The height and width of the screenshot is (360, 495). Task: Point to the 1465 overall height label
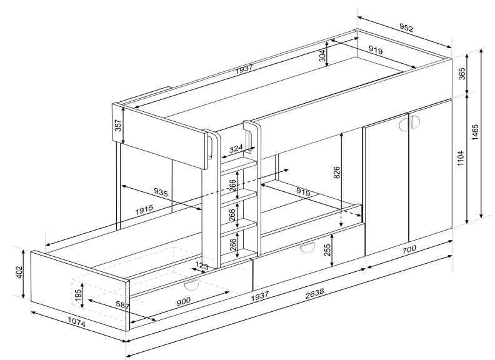click(476, 133)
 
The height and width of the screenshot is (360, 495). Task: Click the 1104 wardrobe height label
click(461, 159)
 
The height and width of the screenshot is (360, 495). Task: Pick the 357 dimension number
click(117, 124)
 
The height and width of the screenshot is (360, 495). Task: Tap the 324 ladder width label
click(236, 149)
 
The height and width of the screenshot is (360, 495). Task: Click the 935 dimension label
click(161, 194)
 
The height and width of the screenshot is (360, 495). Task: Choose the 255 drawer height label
click(327, 251)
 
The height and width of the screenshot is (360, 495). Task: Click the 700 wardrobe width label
click(409, 250)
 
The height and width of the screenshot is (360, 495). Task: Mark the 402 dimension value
click(19, 272)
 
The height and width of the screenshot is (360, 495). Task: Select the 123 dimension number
click(201, 267)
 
